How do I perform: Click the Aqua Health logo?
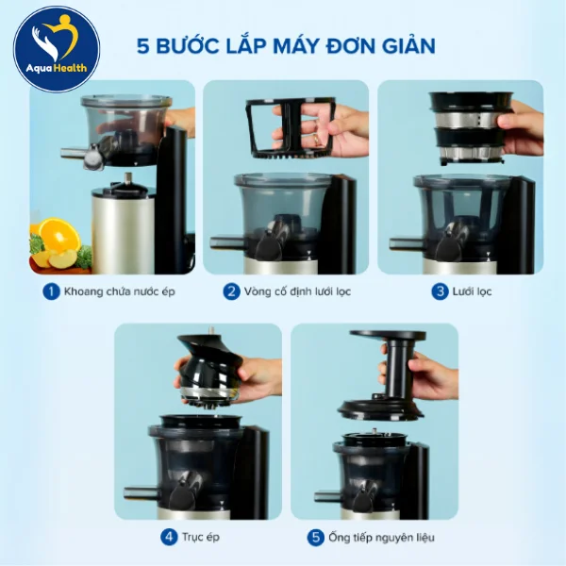click(x=56, y=49)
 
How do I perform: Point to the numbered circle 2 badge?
click(x=231, y=291)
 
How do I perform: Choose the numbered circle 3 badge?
click(x=440, y=291)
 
